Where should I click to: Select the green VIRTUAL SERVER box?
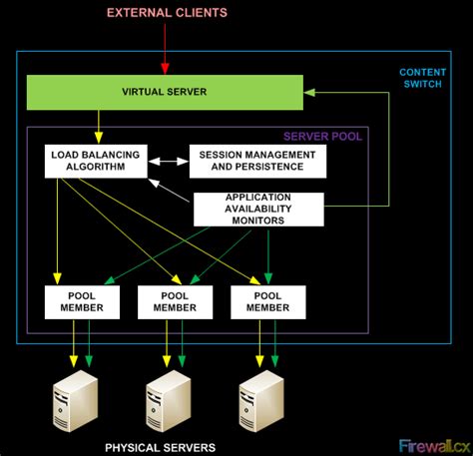tap(164, 92)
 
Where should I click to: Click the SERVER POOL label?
tap(322, 136)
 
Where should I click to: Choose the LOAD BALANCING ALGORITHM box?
tap(96, 162)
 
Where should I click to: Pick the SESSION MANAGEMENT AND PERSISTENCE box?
tap(256, 162)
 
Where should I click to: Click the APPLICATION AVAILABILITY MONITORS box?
tap(257, 209)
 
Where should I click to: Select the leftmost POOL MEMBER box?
tap(82, 302)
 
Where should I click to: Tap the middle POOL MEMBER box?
tap(175, 302)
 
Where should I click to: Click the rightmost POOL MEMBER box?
tap(267, 302)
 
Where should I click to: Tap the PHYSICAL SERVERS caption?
tap(161, 447)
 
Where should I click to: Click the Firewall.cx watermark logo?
tap(434, 445)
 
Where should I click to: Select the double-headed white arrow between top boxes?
tap(169, 160)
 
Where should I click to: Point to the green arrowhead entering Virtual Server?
tap(309, 92)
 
